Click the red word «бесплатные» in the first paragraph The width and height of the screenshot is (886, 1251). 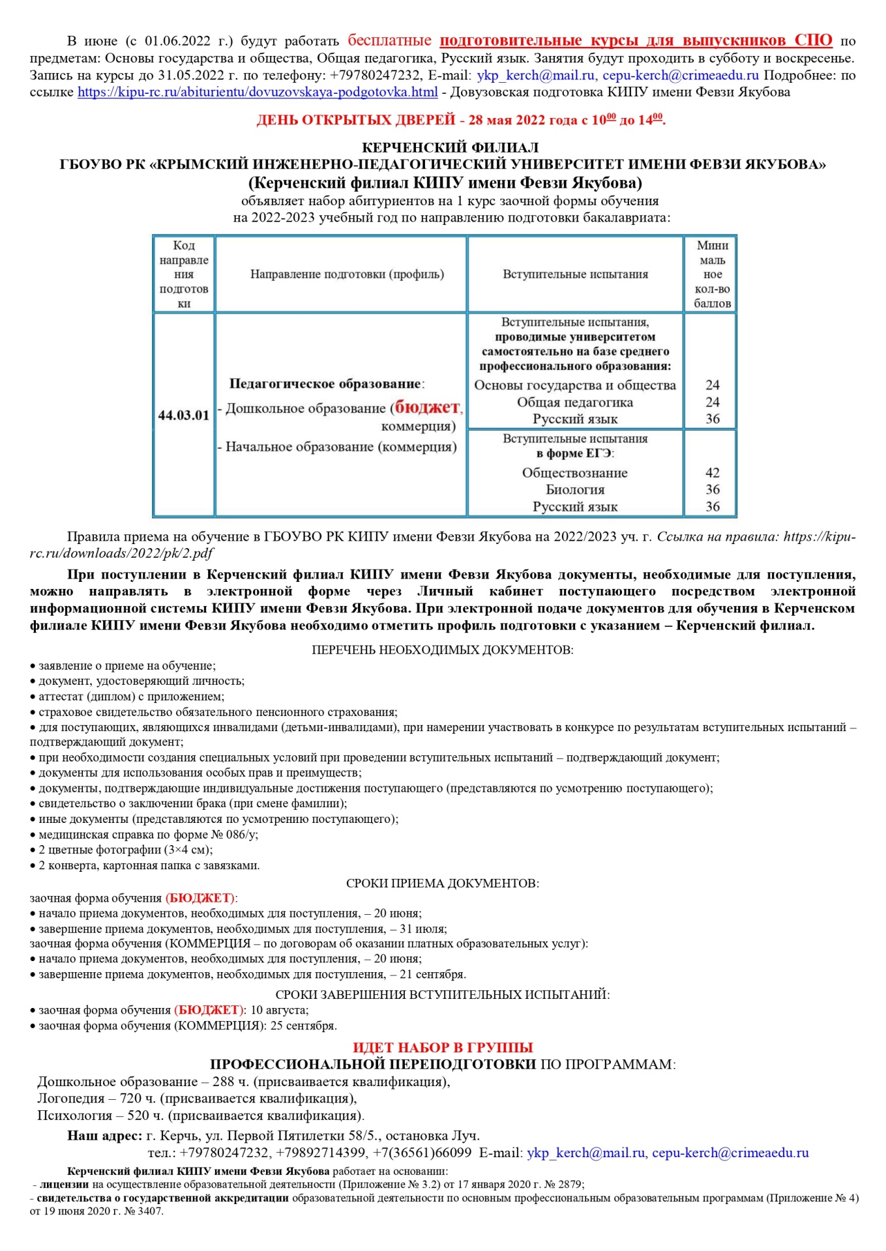coord(389,40)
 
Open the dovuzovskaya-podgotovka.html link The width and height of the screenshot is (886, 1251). coord(258,92)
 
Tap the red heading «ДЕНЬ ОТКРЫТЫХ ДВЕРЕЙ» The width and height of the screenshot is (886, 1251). coord(355,120)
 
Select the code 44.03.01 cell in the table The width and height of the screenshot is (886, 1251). coord(184,415)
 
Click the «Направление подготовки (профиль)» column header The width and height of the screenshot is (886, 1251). coord(347,274)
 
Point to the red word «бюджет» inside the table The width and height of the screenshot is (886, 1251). coord(427,407)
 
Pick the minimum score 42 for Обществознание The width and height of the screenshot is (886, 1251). coord(712,472)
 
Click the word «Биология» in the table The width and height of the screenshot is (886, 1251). coord(575,489)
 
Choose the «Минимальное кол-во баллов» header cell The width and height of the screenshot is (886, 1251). coord(712,274)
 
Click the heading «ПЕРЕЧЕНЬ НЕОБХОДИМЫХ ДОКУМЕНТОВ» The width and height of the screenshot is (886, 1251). coord(442,650)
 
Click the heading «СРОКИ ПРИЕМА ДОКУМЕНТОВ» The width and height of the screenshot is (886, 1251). coord(442,884)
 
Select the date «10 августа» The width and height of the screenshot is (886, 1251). coord(279,1010)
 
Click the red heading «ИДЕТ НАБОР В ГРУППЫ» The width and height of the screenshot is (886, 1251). coord(443,1048)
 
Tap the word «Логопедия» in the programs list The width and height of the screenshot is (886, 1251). coord(71,1099)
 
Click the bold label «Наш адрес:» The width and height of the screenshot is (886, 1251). coord(104,1136)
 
